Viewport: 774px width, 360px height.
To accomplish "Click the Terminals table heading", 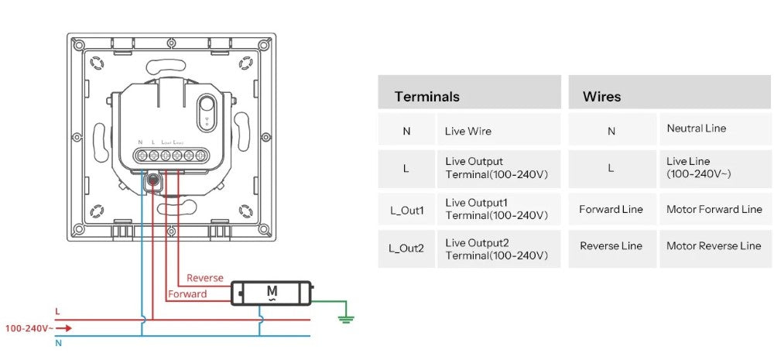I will (427, 97).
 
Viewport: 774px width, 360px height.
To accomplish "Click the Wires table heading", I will (601, 97).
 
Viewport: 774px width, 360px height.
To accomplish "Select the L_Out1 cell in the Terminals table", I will (406, 209).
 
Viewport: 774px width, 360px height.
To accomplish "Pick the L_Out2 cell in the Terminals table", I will (406, 249).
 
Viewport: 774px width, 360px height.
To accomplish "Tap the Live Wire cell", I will (468, 132).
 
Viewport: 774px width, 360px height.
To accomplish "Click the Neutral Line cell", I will (697, 129).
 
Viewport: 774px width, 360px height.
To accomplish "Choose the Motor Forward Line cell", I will (714, 209).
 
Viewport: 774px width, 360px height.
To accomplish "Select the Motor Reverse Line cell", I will (714, 246).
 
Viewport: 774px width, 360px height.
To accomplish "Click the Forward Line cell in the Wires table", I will (611, 209).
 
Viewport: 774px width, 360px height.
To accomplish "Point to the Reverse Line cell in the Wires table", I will (611, 246).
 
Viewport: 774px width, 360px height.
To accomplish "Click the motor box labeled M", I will (271, 293).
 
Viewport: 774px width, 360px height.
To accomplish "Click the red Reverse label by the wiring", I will (205, 278).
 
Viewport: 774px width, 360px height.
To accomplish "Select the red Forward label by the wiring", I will (187, 294).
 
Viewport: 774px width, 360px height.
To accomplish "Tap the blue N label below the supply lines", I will (58, 343).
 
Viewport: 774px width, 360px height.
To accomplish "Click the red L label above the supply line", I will (57, 311).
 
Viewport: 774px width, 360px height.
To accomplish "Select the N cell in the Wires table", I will (611, 132).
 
